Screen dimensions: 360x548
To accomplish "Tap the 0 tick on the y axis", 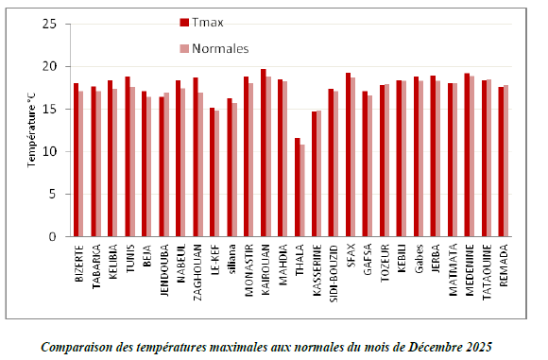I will pos(52,237).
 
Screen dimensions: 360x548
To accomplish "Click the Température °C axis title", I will pos(30,131).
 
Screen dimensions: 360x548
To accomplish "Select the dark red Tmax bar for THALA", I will pos(297,187).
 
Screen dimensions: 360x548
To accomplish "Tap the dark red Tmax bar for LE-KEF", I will pos(212,172).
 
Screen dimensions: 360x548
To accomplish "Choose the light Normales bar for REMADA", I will pos(506,161).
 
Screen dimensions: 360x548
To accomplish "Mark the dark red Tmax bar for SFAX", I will pos(348,155).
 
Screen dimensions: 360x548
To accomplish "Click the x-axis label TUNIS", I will pos(129,259).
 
